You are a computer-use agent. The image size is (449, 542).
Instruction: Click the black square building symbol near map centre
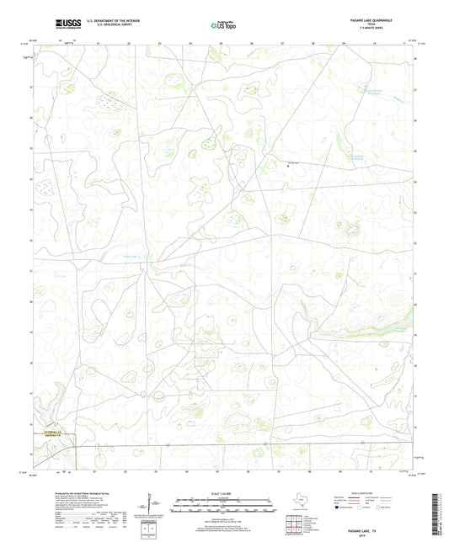point(291,166)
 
